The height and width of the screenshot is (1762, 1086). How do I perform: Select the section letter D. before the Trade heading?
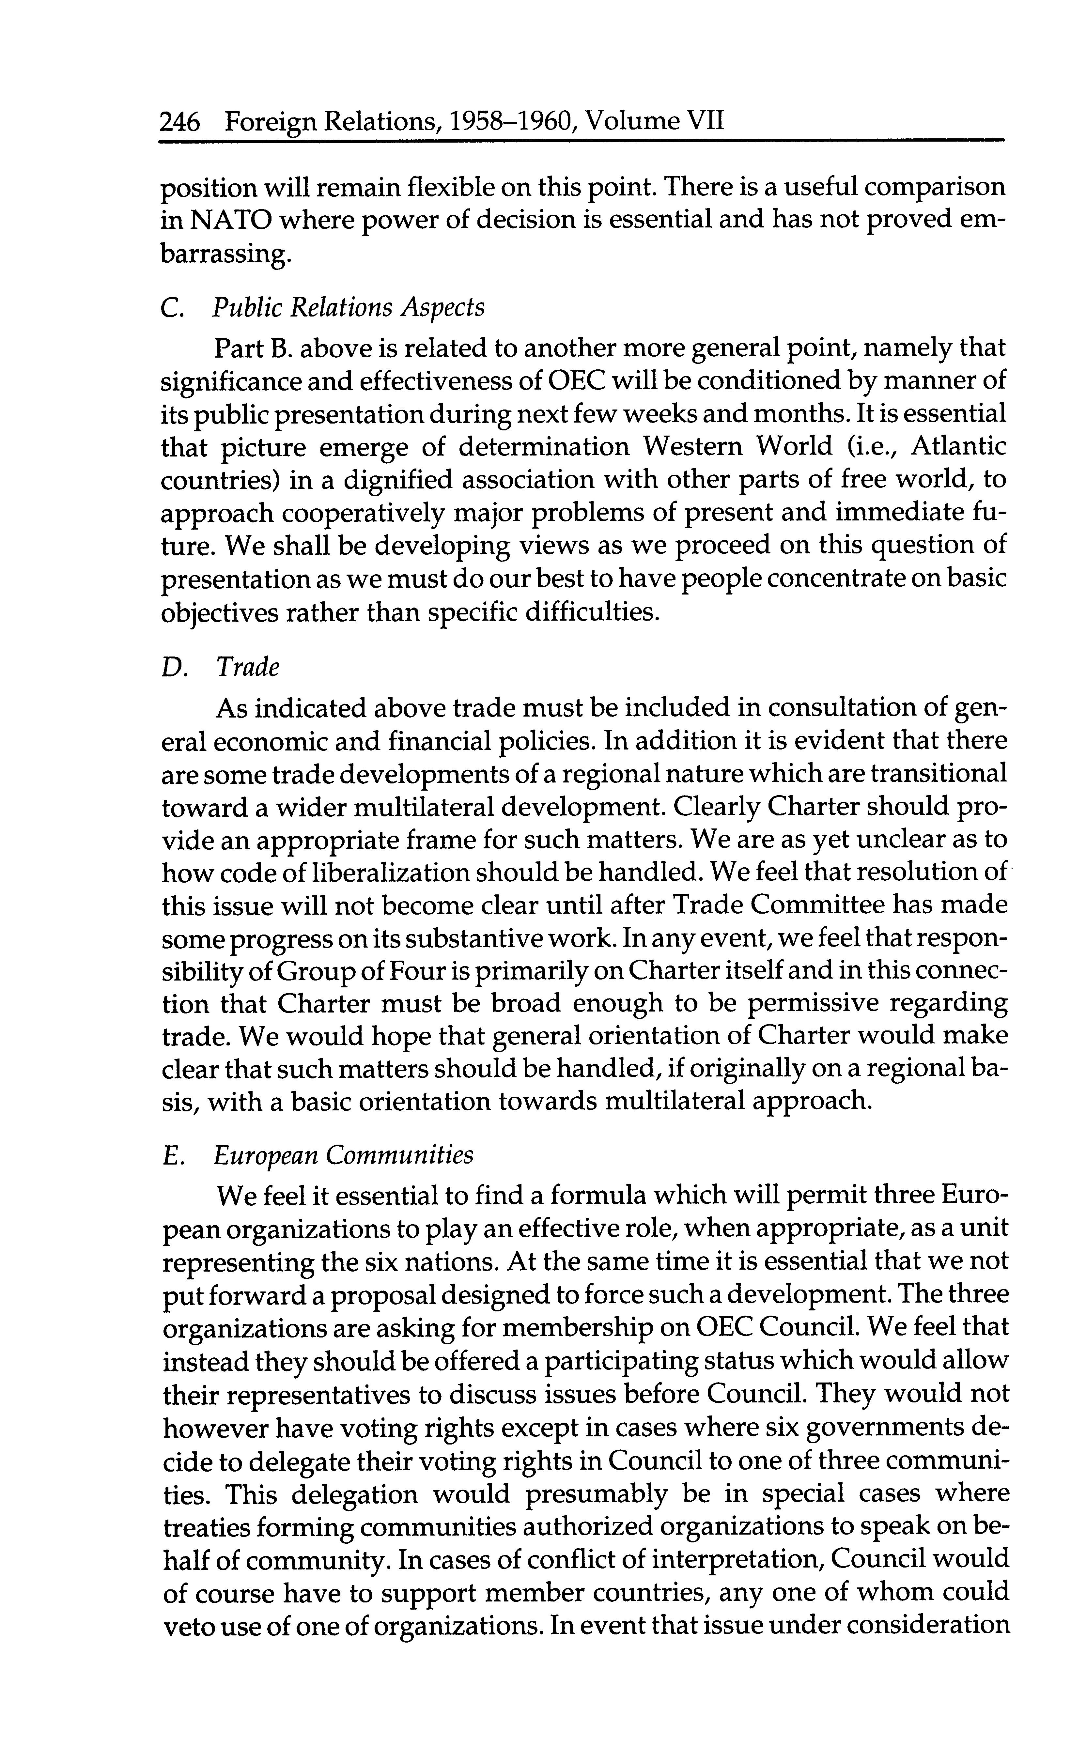(174, 668)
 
